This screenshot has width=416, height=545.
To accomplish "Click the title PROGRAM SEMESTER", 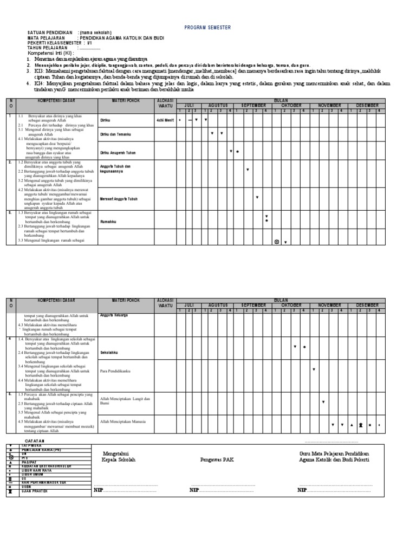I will pyautogui.click(x=208, y=27).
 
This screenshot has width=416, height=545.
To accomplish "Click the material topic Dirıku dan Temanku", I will pyautogui.click(x=116, y=134).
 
